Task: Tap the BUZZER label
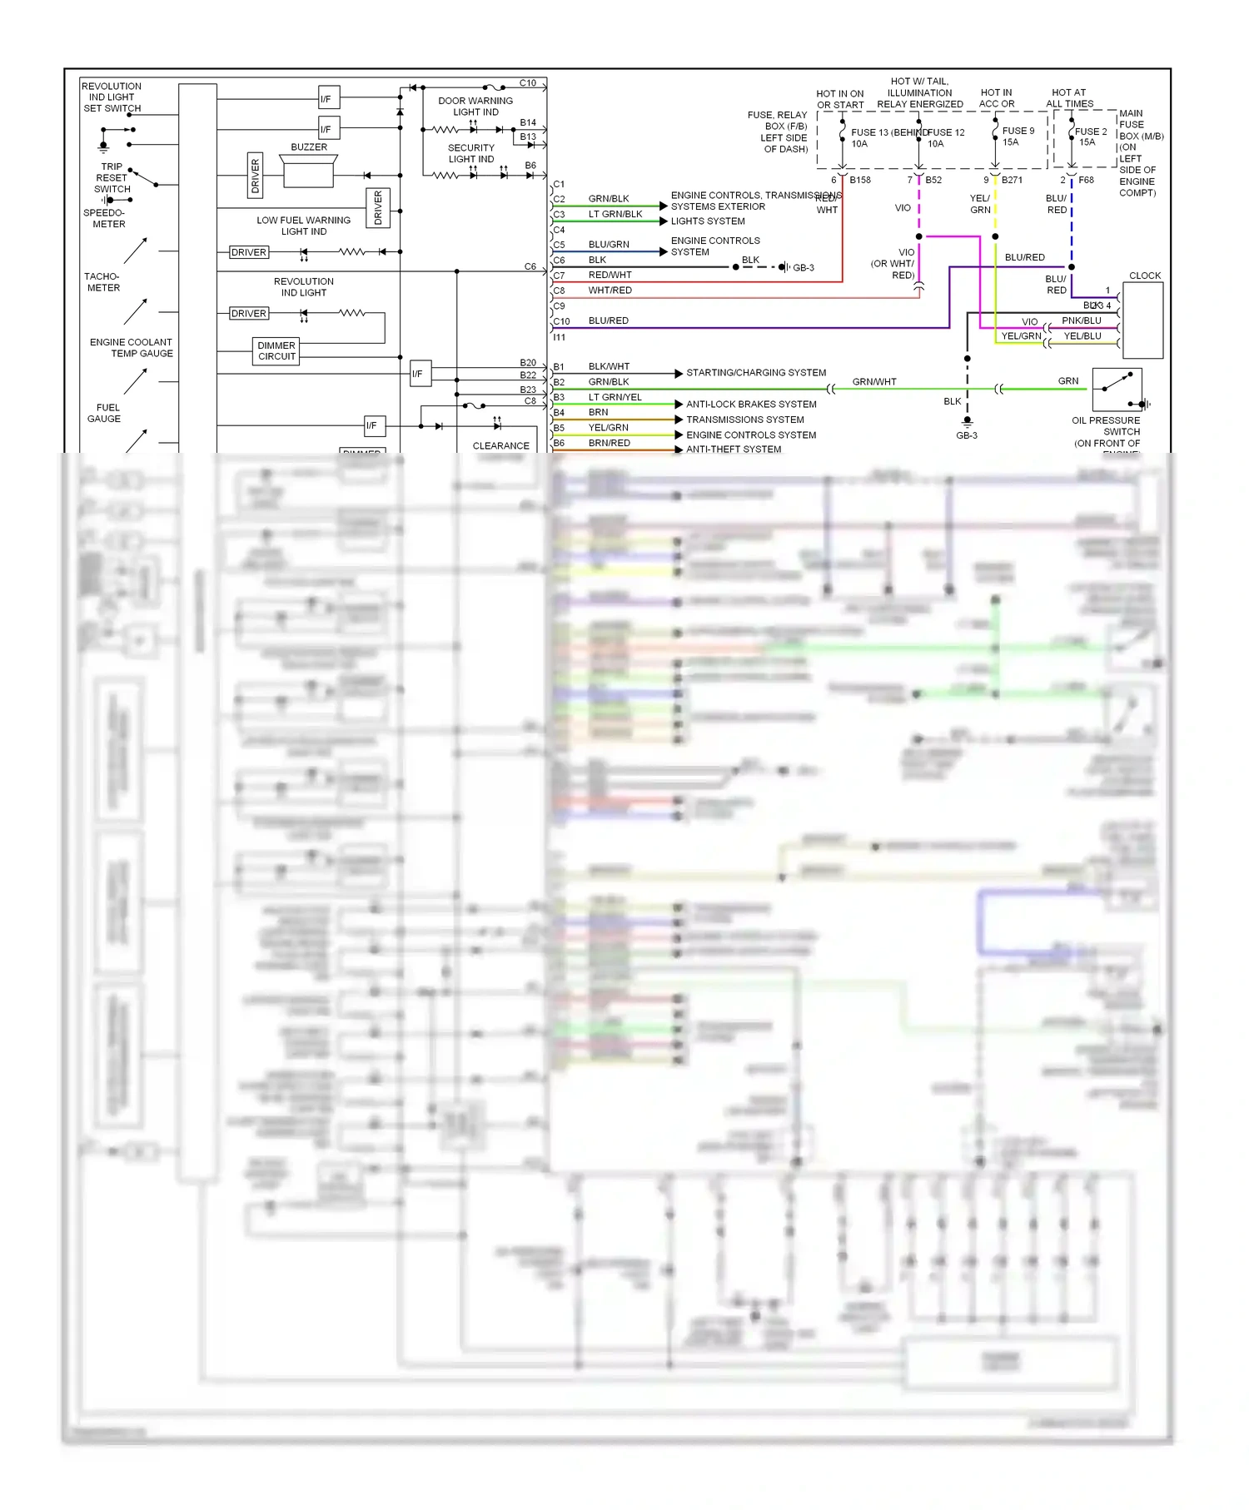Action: click(x=309, y=147)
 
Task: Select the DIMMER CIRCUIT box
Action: click(x=276, y=351)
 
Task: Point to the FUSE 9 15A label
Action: click(x=1018, y=137)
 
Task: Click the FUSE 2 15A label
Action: click(x=1090, y=137)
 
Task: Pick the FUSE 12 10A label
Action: click(x=945, y=138)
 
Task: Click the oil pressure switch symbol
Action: click(x=1117, y=389)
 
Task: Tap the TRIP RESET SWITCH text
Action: click(x=112, y=178)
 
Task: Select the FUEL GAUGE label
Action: click(x=104, y=414)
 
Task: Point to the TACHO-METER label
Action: click(x=102, y=282)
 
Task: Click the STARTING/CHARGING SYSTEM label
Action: click(x=756, y=373)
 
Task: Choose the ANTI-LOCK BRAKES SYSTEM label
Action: click(x=751, y=405)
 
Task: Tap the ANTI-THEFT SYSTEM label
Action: click(x=734, y=450)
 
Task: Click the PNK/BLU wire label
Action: click(x=1081, y=320)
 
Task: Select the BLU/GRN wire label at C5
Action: click(x=609, y=245)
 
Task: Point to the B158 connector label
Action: click(x=860, y=180)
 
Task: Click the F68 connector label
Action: click(x=1086, y=180)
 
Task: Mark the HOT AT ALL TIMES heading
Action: click(x=1069, y=98)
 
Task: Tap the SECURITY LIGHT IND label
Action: click(x=471, y=153)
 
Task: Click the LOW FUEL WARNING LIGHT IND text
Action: click(x=303, y=226)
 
